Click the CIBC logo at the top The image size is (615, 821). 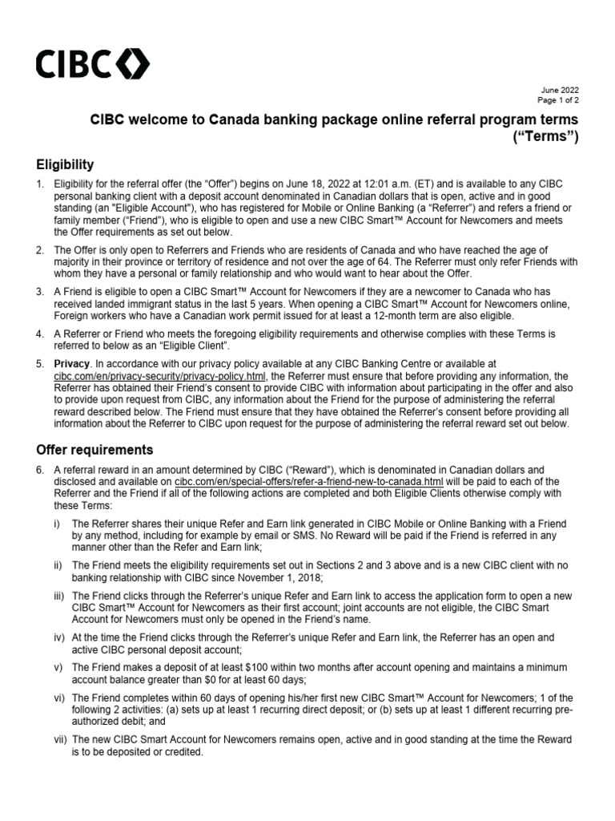(90, 63)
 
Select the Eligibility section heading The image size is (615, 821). (65, 164)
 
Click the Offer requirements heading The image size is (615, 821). (94, 449)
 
